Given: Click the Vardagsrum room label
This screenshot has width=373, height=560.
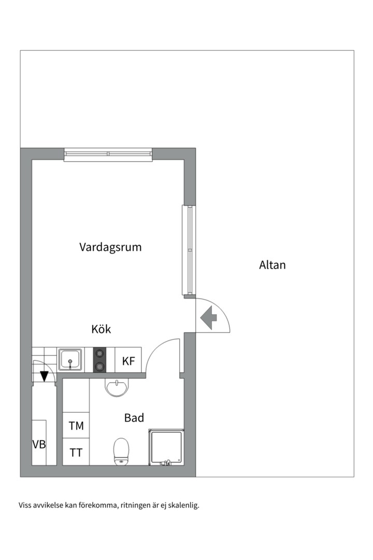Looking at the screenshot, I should click(x=110, y=247).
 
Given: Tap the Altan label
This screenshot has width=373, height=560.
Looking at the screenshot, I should click(x=272, y=265).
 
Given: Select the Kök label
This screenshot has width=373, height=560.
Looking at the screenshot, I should click(x=101, y=329).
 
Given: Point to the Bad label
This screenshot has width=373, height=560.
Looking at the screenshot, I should click(x=134, y=418).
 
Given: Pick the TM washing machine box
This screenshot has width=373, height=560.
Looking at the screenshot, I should click(x=76, y=426).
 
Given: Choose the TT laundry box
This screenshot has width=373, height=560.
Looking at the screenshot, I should click(x=76, y=452).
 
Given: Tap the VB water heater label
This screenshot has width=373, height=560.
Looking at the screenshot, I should click(x=39, y=444).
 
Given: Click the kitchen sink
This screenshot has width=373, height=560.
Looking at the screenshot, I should click(x=70, y=360).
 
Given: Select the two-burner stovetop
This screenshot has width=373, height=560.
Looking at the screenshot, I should click(x=99, y=360).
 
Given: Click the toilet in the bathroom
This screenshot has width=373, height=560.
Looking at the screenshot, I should click(x=121, y=450).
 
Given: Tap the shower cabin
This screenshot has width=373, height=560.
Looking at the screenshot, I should click(x=166, y=447).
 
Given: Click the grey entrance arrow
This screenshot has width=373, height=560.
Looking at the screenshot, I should click(x=209, y=318).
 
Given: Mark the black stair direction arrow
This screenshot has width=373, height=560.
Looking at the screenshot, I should click(x=45, y=376).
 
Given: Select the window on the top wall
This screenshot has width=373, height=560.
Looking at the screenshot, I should click(x=108, y=154).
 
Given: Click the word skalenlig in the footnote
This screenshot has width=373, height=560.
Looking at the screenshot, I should click(x=183, y=505).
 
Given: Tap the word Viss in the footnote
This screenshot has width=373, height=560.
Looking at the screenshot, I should click(x=25, y=505).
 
